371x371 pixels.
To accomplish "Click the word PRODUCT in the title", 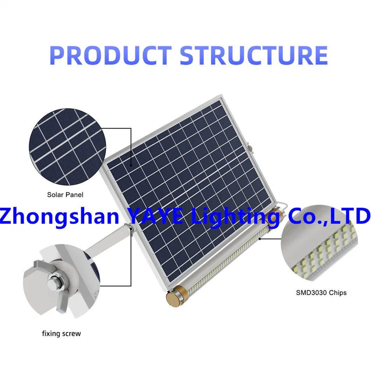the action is tap(111, 55).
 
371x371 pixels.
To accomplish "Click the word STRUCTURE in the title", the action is tap(254, 55).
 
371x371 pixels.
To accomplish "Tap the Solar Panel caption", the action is tap(65, 195).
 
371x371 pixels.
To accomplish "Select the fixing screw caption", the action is tap(62, 334).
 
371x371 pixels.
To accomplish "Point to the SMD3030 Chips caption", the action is tap(321, 293).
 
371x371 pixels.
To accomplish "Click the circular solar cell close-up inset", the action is tap(68, 147).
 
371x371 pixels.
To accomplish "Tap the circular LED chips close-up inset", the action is tap(320, 243).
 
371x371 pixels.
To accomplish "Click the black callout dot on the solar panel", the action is tap(131, 166).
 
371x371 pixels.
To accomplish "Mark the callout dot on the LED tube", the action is tap(260, 239).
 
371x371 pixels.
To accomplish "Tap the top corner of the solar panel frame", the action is tap(221, 95).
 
